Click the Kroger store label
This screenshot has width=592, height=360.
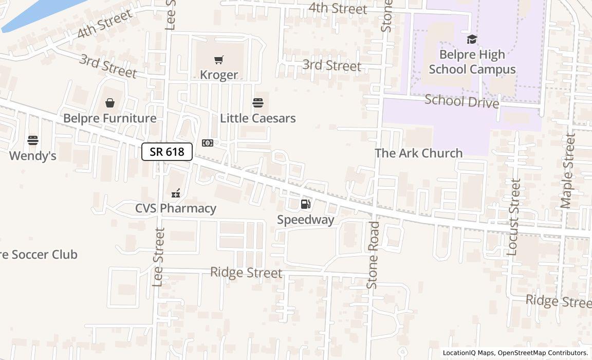pos(219,75)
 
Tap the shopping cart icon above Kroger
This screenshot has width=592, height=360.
pos(219,60)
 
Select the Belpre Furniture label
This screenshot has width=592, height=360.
pos(109,118)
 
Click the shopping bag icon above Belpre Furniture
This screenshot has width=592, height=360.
pos(109,103)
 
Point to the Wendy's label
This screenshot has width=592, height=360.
pos(33,155)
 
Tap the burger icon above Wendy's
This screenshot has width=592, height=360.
pos(33,140)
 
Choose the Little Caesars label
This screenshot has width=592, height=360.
pos(257,118)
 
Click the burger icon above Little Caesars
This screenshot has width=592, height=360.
pos(258,103)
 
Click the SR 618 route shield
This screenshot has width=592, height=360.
pos(167,152)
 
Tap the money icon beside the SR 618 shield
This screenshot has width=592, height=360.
pos(208,143)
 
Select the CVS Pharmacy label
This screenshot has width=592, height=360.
pos(176,208)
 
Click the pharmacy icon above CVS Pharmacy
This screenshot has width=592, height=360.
pos(176,193)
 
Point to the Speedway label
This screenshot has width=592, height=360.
pos(306,220)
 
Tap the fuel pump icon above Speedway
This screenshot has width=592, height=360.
pos(305,205)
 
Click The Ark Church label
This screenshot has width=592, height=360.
pos(418,153)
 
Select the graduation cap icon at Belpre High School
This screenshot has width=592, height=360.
pos(472,40)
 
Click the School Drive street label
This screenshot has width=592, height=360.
pos(461,101)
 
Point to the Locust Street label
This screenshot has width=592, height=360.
pos(513,217)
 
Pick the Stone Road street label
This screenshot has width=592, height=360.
pos(373,255)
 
